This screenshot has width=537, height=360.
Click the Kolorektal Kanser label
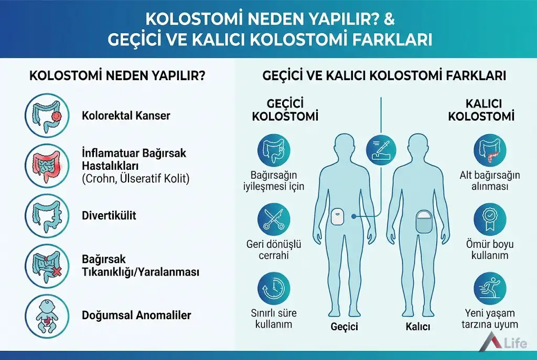(x=126, y=115)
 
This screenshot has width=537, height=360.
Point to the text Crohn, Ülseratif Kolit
(x=136, y=179)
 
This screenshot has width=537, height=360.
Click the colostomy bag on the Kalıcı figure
(x=423, y=223)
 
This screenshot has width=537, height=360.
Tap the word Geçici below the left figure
(x=344, y=327)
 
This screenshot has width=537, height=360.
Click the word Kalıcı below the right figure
(x=418, y=327)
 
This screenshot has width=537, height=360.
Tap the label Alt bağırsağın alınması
(x=490, y=180)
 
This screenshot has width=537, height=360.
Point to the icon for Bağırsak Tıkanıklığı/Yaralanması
(x=46, y=266)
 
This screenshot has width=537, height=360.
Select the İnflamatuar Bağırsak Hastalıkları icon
(x=46, y=166)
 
